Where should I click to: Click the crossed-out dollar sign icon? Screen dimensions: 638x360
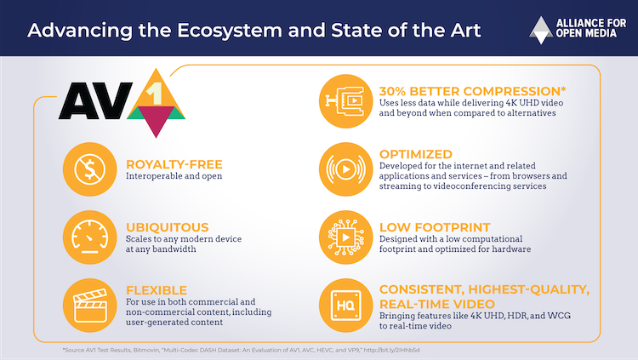point(90,169)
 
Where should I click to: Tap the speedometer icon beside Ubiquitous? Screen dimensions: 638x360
point(90,237)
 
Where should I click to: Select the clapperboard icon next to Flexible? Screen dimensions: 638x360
point(90,305)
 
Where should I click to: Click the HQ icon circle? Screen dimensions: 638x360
point(346,305)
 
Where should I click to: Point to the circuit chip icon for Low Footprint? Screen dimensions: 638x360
point(346,237)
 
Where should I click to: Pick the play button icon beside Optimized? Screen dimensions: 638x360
point(346,169)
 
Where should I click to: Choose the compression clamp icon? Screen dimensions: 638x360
point(346,101)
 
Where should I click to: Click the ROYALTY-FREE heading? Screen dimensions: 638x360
point(174,164)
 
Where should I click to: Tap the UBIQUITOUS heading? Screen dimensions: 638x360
point(168,227)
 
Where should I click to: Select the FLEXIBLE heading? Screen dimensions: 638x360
point(157,290)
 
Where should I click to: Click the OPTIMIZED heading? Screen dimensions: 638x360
point(416,154)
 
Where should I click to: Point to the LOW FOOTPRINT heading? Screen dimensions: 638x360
point(435,227)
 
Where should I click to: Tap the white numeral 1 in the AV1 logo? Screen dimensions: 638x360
point(155,94)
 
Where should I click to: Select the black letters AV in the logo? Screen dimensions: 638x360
point(95,101)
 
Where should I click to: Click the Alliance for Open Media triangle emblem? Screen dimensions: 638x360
point(541,30)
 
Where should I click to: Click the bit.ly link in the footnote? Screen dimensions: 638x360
point(391,350)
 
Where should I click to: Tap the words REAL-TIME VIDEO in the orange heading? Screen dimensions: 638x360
point(437,304)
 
